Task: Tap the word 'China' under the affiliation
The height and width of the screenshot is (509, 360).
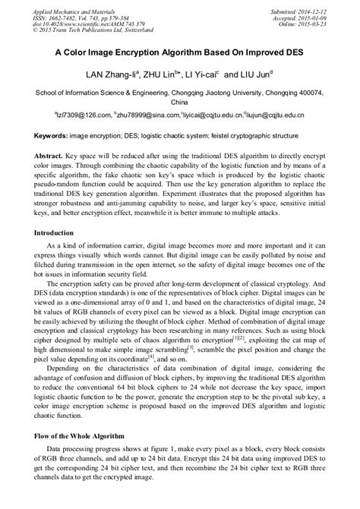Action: pos(179,101)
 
